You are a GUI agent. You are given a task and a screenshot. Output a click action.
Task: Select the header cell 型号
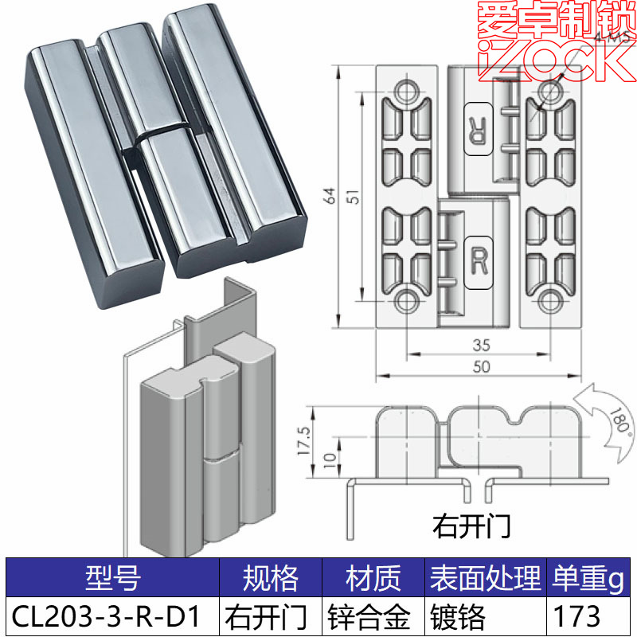[111, 578]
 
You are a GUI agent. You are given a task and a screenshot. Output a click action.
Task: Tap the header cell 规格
[270, 578]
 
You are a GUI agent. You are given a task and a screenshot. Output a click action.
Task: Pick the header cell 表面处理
[484, 578]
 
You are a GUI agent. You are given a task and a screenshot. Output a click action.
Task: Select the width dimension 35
[480, 346]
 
